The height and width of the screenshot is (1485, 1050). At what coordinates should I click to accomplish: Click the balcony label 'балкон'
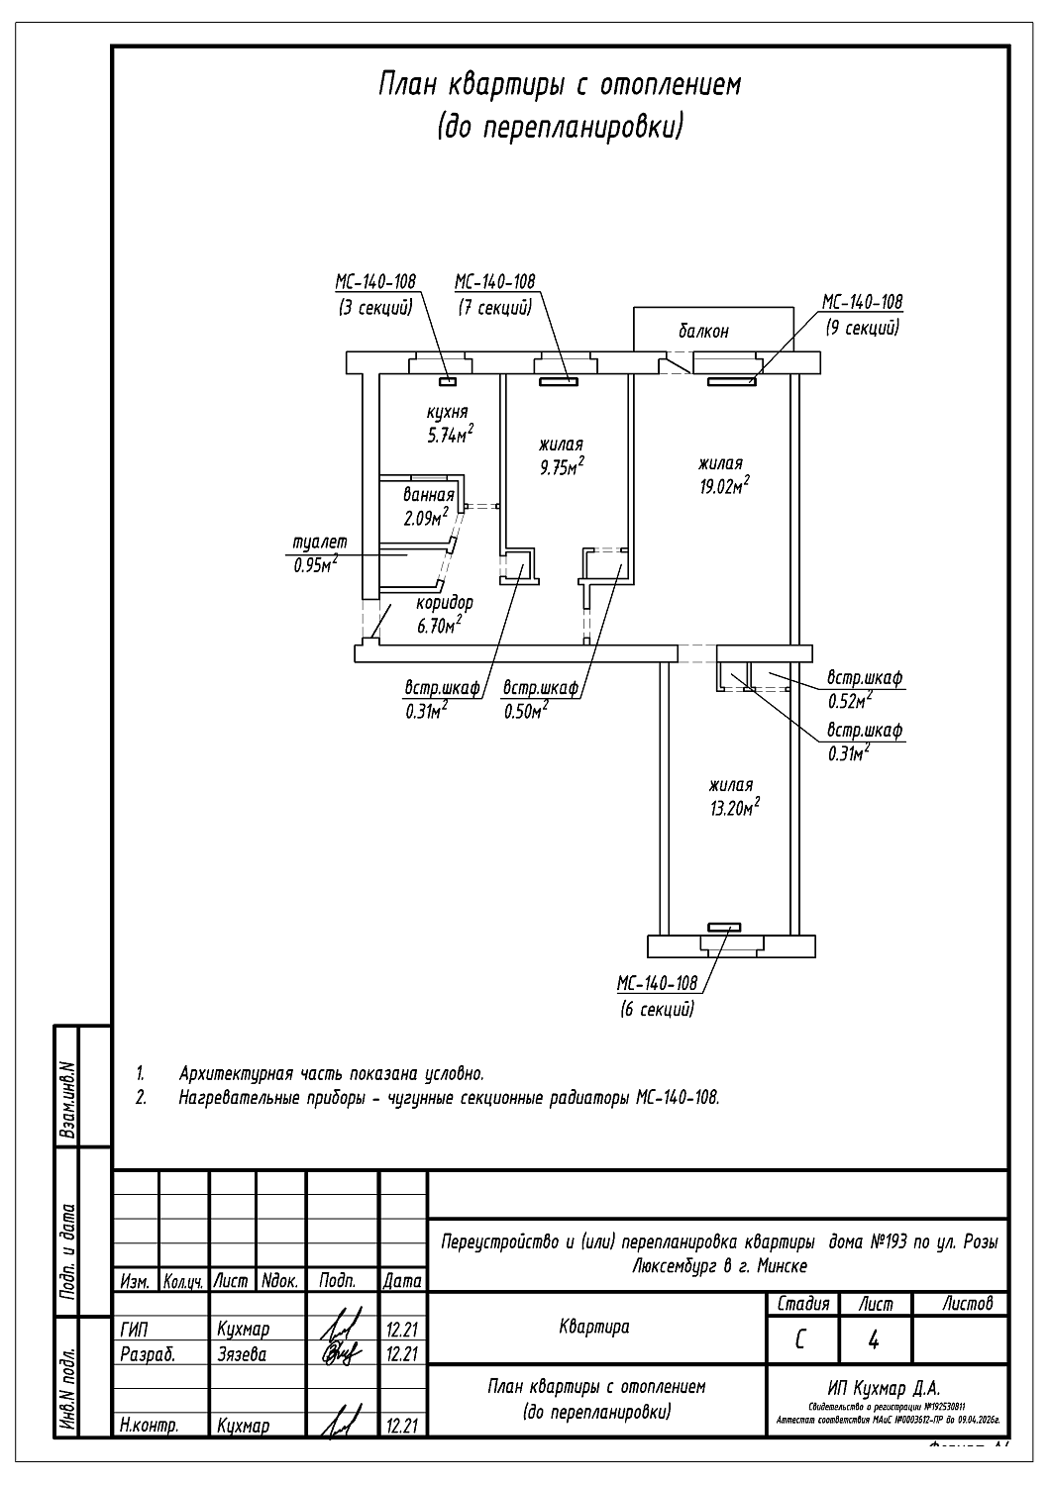click(703, 332)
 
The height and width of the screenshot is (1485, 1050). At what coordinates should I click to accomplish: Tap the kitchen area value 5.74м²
click(448, 435)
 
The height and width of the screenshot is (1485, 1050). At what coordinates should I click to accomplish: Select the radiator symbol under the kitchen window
click(448, 380)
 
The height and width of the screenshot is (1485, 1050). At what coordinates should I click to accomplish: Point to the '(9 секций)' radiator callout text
click(861, 327)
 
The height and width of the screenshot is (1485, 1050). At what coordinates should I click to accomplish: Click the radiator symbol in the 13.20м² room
click(723, 929)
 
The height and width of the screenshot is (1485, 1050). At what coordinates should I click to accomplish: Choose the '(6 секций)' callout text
click(657, 1010)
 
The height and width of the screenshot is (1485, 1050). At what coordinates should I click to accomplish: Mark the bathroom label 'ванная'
click(428, 495)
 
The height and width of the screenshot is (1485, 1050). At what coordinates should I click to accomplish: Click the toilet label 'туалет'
click(320, 543)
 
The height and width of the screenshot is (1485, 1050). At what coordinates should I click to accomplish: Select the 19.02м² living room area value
click(723, 486)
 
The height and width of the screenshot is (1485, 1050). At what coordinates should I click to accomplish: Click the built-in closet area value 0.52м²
click(849, 702)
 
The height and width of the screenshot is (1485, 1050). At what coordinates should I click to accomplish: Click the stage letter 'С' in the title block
click(801, 1341)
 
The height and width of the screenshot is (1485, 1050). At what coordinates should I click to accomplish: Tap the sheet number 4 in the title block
click(874, 1341)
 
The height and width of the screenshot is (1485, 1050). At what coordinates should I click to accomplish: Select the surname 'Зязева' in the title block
click(242, 1354)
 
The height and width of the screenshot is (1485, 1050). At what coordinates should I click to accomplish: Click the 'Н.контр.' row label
click(149, 1427)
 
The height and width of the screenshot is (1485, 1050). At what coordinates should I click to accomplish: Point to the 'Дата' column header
click(402, 1281)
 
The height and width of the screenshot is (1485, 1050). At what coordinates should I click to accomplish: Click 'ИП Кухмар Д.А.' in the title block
click(884, 1389)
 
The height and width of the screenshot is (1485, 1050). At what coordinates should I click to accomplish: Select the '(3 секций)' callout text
click(375, 308)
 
